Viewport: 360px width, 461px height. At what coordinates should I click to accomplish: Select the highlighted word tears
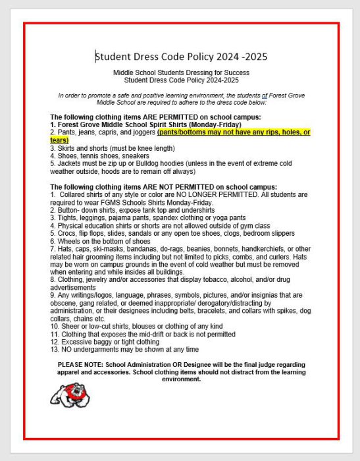pyautogui.click(x=59, y=140)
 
